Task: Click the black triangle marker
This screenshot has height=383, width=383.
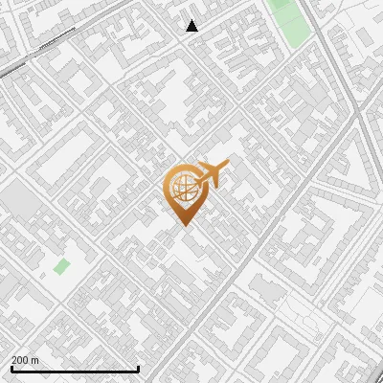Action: pos(192,26)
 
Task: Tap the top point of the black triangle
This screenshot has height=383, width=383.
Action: pos(192,20)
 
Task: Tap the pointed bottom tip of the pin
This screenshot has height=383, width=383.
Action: pos(182,226)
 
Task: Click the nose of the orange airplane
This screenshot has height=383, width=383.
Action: pos(229,165)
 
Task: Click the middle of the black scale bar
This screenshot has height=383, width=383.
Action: pos(75,369)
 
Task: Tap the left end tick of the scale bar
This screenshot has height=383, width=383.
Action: pos(11,368)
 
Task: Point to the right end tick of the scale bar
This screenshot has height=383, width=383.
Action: pos(139,368)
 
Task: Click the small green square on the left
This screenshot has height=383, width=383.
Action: pos(61,266)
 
